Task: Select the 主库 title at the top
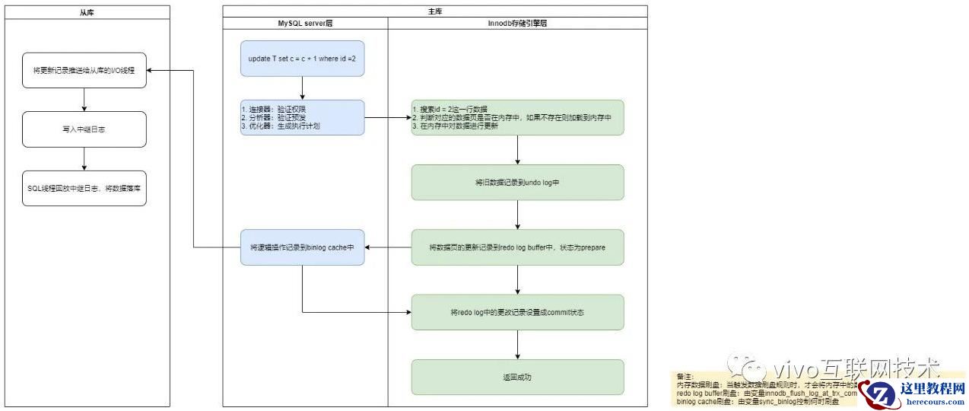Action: click(434, 11)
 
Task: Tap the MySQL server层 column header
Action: click(305, 24)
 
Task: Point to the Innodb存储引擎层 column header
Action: click(517, 24)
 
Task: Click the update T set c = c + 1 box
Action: click(303, 59)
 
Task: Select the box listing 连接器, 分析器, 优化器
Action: click(303, 117)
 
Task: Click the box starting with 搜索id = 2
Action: click(517, 118)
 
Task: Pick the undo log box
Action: click(517, 183)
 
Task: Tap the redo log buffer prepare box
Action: click(517, 247)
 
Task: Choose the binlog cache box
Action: click(303, 247)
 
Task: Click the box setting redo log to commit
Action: click(517, 312)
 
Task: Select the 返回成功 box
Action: click(517, 377)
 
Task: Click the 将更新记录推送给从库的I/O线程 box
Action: click(84, 70)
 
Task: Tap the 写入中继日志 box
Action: click(84, 129)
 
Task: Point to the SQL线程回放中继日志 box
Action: click(84, 188)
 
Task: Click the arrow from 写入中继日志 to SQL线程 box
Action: click(84, 158)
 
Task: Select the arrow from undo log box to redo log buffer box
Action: click(517, 215)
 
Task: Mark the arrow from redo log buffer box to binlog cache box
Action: click(388, 247)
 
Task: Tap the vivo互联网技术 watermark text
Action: click(837, 370)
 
